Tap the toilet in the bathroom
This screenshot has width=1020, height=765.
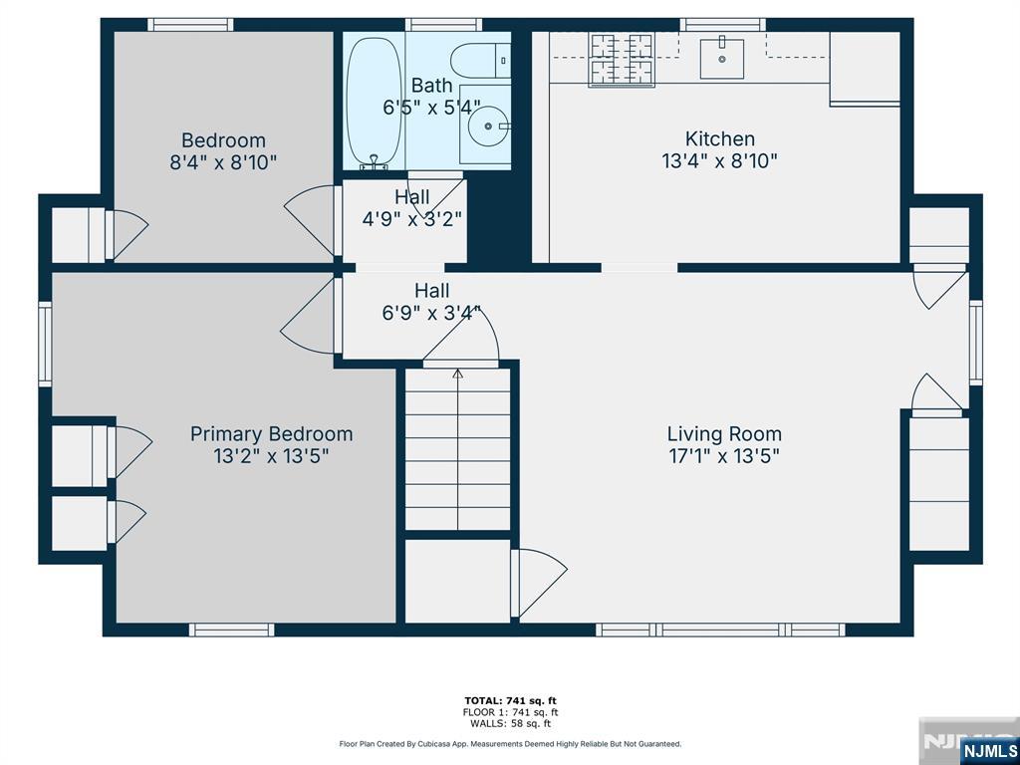(481, 61)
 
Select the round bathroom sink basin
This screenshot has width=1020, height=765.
(488, 127)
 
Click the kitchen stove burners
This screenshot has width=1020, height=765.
(621, 59)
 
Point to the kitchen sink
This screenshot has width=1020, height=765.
(722, 58)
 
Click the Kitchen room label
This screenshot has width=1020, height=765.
(720, 138)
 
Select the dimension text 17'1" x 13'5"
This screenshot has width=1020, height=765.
(724, 455)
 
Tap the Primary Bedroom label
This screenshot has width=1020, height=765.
(271, 434)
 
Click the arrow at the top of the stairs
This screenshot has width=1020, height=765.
(457, 374)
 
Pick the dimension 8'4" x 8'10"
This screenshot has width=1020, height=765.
(223, 162)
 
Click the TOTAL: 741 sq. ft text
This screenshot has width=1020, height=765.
(511, 700)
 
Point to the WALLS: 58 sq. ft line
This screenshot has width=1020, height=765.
(511, 723)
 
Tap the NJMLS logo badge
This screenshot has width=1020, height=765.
(988, 750)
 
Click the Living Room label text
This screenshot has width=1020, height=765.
(724, 434)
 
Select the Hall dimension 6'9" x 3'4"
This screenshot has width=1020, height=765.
(431, 313)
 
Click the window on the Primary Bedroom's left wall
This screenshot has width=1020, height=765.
(45, 343)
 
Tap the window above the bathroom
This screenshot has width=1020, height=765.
(443, 25)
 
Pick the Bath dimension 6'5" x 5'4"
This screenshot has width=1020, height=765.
(431, 107)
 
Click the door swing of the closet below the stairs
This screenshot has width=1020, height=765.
(540, 583)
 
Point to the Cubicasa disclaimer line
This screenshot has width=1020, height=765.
(511, 743)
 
